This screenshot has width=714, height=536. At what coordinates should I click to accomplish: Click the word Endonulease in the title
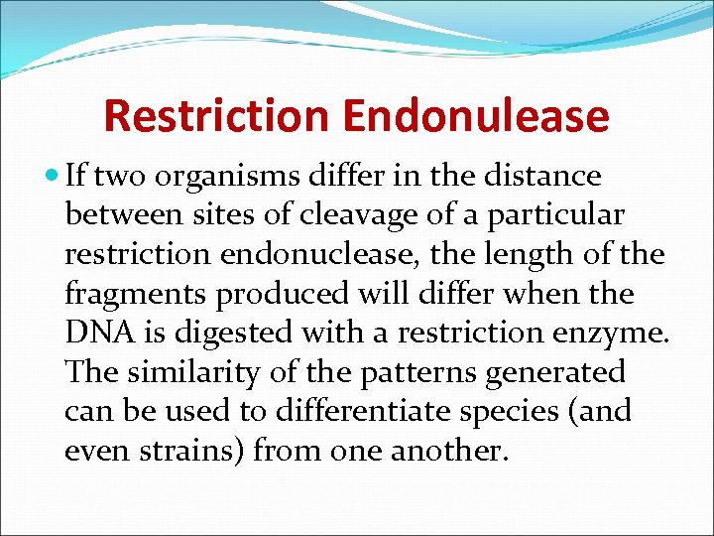click(x=476, y=116)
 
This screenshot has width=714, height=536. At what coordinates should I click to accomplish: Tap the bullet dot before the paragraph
click(x=52, y=177)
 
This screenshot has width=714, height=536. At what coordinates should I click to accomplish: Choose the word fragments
click(x=139, y=294)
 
